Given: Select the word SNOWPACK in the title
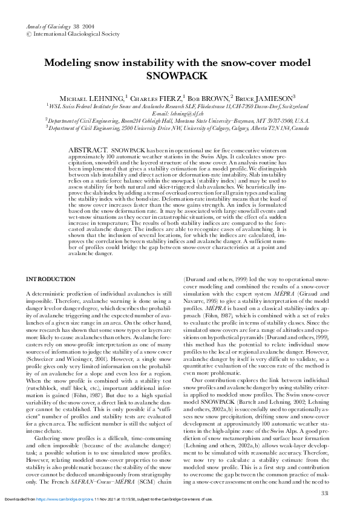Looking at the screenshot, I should (x=180, y=76).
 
